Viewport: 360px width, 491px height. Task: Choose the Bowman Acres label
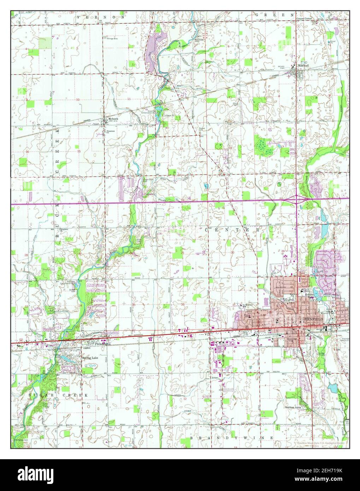pos(293,407)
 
